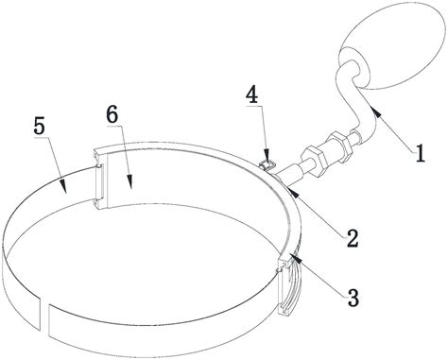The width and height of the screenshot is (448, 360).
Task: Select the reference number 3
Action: click(x=354, y=298)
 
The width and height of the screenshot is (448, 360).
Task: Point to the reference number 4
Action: click(x=252, y=95)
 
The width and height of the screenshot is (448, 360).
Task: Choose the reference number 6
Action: click(x=112, y=114)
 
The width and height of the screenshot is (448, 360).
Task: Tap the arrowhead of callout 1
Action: click(x=376, y=111)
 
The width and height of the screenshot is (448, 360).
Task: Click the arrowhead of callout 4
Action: click(x=267, y=157)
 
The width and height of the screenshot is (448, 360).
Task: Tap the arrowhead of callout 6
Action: click(x=129, y=182)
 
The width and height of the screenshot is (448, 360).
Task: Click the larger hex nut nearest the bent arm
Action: click(x=337, y=144)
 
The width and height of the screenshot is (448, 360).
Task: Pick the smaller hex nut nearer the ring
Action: click(x=311, y=155)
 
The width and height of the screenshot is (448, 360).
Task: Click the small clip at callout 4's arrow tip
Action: click(x=266, y=165)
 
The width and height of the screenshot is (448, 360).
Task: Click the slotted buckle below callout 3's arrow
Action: click(x=287, y=286)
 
